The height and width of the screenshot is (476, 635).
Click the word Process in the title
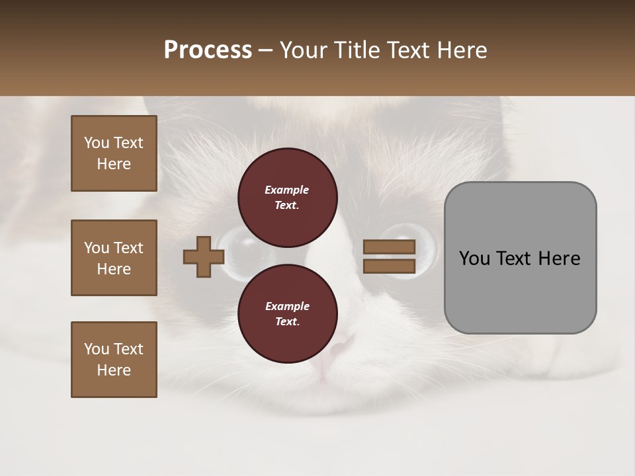(x=208, y=50)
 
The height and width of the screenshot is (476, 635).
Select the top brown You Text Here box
(x=114, y=153)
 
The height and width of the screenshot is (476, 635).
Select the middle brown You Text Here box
(x=114, y=258)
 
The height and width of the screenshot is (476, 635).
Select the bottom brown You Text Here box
(x=114, y=359)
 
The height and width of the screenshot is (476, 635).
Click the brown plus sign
(x=204, y=257)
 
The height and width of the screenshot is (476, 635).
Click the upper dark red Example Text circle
(x=287, y=197)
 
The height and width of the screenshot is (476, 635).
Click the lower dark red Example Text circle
(x=287, y=313)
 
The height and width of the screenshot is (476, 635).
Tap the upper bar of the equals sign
(x=389, y=247)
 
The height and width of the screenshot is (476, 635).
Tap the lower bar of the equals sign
(x=389, y=266)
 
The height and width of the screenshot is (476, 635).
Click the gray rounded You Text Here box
(x=520, y=257)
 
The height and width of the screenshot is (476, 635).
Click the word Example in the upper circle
(x=287, y=190)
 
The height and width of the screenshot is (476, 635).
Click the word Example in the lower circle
(x=287, y=306)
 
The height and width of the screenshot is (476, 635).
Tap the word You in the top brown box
(x=97, y=143)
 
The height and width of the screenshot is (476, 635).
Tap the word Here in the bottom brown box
(x=114, y=370)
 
